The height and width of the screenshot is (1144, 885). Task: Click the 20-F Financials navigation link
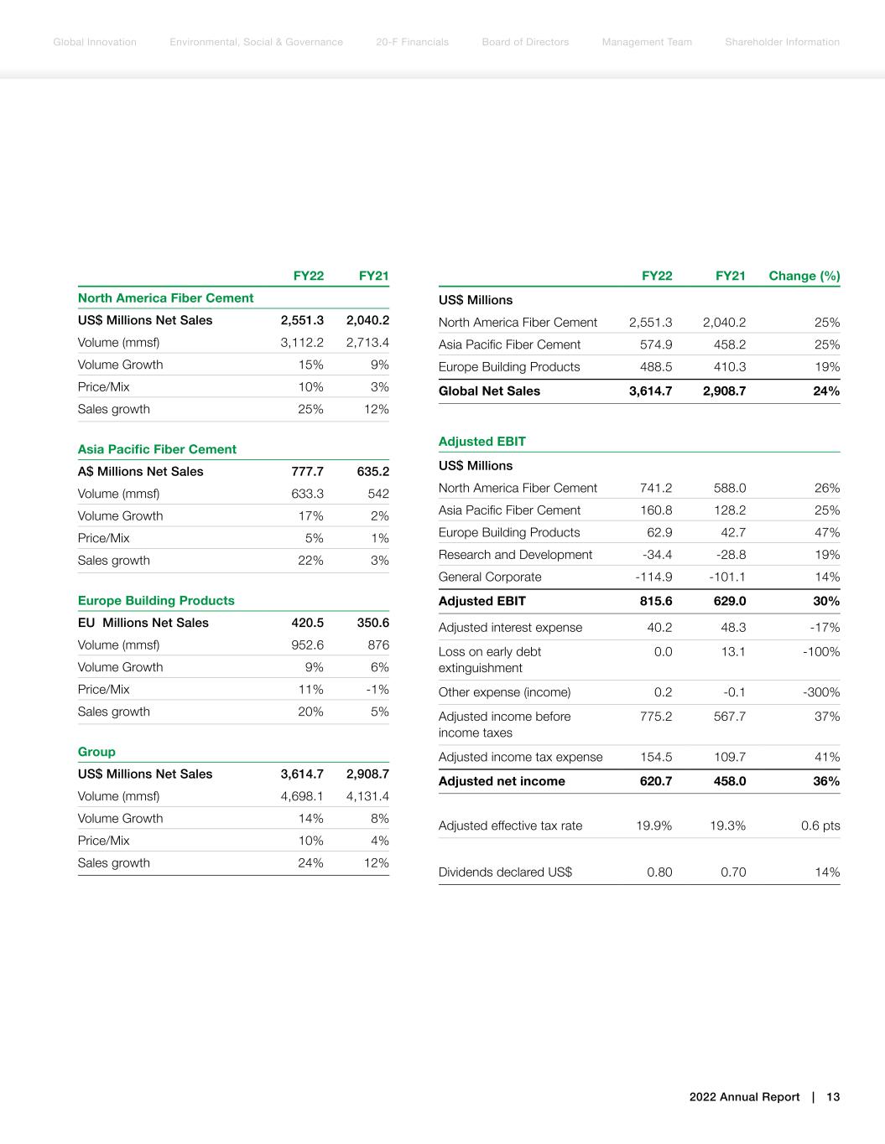(x=412, y=42)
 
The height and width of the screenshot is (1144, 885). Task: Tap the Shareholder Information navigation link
(x=782, y=42)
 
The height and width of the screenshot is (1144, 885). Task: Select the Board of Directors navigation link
(x=525, y=42)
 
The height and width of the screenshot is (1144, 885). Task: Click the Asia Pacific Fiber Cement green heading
(x=157, y=449)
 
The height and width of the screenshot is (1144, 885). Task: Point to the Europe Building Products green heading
(x=156, y=600)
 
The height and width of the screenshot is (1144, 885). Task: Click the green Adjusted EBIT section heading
(x=482, y=442)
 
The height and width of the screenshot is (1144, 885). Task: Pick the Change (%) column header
(x=804, y=276)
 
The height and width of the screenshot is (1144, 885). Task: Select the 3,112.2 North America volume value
(x=302, y=342)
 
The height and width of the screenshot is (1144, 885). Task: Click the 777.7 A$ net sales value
(x=307, y=471)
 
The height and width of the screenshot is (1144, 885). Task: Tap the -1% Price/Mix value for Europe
(x=379, y=689)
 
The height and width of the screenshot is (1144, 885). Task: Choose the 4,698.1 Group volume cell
(x=302, y=796)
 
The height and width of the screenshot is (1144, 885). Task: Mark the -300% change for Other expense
(x=821, y=692)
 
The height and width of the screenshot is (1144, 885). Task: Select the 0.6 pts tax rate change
(x=820, y=826)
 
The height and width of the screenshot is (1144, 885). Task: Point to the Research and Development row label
(x=515, y=555)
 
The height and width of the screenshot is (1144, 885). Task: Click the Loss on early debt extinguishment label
(x=490, y=660)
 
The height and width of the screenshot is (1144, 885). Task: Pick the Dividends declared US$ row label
(x=505, y=872)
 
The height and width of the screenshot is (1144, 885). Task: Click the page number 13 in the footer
(x=833, y=1097)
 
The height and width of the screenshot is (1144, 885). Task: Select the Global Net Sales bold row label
(x=489, y=391)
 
